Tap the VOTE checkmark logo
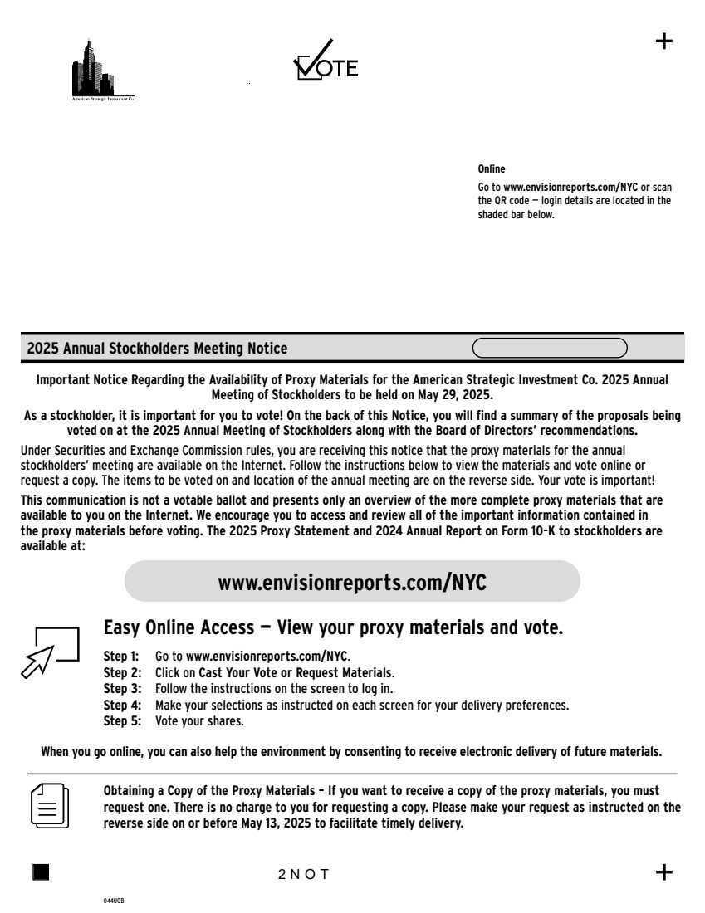(x=326, y=61)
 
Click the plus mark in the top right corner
(x=664, y=41)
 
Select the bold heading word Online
(x=492, y=169)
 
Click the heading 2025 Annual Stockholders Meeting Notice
(x=157, y=348)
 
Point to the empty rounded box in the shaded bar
(x=550, y=347)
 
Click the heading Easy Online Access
(x=333, y=627)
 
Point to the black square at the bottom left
(x=41, y=871)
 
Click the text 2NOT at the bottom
(x=304, y=874)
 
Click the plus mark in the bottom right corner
(x=664, y=871)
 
